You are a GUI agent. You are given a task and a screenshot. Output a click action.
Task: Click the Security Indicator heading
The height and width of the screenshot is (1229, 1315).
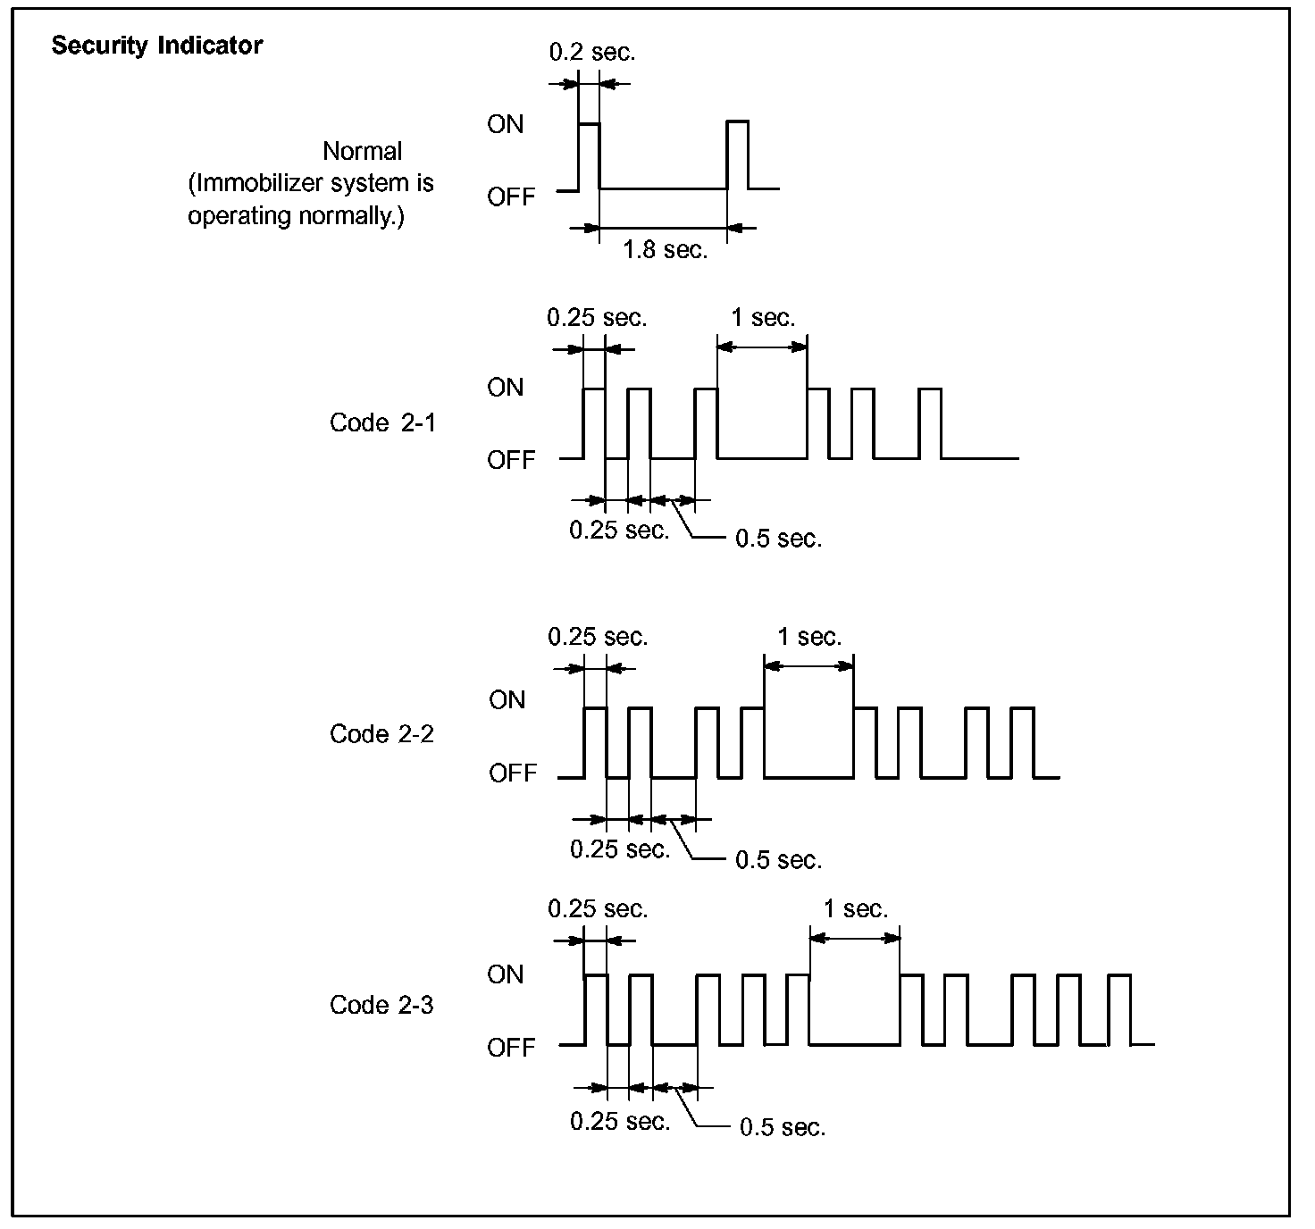(x=156, y=46)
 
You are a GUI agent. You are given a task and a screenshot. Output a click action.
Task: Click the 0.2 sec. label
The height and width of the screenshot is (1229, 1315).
(x=592, y=52)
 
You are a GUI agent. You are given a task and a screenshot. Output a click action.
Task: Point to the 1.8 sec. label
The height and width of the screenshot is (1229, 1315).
(x=665, y=250)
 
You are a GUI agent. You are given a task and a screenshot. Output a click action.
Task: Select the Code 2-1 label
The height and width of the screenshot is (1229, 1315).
(x=382, y=422)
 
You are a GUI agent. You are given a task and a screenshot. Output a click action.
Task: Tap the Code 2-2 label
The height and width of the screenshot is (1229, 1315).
(x=381, y=734)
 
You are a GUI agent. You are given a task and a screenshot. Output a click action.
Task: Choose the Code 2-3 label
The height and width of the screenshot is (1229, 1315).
(x=381, y=1006)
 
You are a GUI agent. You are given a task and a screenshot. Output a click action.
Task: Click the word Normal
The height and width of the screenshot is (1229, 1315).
(x=363, y=151)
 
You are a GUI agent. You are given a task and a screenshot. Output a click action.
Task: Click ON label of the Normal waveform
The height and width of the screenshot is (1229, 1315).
(x=506, y=124)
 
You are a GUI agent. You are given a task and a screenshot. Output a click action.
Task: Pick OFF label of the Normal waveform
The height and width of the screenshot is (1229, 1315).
(x=511, y=196)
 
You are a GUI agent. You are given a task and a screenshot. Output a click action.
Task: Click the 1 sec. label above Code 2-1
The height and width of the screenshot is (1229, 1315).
(x=763, y=318)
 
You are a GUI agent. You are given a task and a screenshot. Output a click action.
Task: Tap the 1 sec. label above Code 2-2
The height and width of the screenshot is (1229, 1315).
(x=809, y=637)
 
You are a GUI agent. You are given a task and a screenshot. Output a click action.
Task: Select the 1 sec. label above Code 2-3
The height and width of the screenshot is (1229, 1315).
(x=856, y=909)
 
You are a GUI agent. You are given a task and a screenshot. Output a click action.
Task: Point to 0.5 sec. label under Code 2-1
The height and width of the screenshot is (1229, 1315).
(x=778, y=539)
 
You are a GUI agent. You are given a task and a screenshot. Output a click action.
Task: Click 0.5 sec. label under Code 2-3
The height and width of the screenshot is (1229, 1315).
(x=783, y=1127)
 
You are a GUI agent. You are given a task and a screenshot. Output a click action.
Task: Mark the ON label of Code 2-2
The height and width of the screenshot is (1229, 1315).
(x=507, y=700)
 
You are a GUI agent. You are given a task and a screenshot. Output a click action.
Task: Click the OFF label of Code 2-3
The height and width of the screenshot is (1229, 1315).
(x=511, y=1047)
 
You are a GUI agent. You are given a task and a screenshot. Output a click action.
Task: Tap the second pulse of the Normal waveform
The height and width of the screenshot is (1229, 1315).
(x=738, y=154)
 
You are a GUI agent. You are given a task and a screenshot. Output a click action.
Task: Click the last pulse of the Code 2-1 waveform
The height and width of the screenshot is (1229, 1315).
(x=930, y=423)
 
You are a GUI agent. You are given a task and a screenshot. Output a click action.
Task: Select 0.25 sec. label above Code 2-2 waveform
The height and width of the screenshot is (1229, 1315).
(x=598, y=637)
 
